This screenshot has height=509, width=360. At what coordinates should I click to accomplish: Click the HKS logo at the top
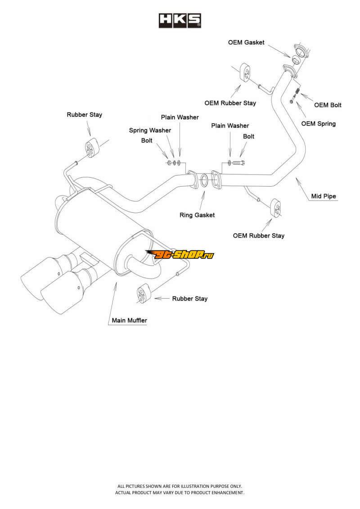tap(180, 20)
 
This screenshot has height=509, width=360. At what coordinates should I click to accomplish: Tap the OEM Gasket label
tap(245, 42)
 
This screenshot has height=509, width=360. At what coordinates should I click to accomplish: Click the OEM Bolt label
tap(328, 105)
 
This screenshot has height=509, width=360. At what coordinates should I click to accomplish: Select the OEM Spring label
tap(318, 123)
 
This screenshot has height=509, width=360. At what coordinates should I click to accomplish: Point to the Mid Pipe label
tap(324, 196)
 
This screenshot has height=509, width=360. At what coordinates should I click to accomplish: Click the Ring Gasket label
tap(197, 215)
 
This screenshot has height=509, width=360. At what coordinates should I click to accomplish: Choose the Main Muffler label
tap(129, 321)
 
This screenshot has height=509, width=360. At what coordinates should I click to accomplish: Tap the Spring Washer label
tap(150, 130)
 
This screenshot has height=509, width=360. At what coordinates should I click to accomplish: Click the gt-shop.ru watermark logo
tap(180, 255)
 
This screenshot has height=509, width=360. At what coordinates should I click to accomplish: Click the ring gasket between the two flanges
tap(203, 180)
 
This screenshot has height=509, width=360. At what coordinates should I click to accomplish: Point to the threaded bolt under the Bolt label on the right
tap(238, 162)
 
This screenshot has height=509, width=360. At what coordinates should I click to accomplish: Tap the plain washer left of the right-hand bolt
tap(230, 162)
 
